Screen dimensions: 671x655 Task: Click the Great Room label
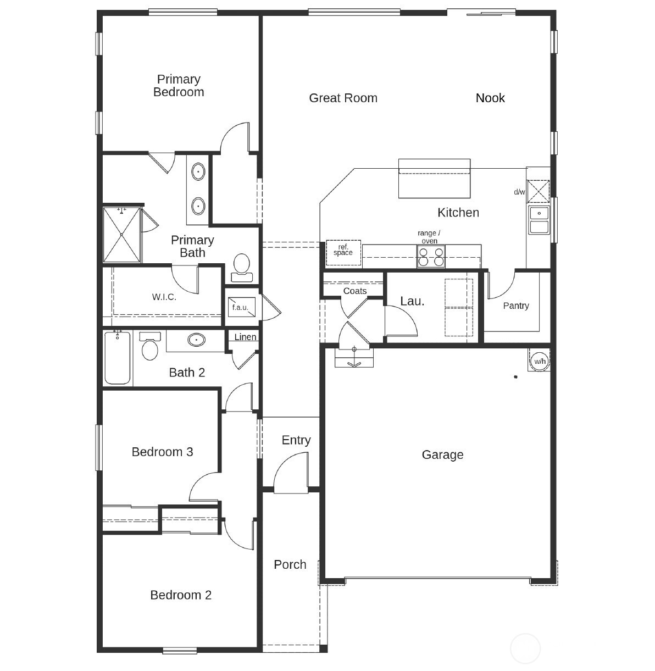pyautogui.click(x=343, y=98)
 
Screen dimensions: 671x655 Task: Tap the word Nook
pyautogui.click(x=490, y=98)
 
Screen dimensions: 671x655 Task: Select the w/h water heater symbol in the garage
pyautogui.click(x=540, y=361)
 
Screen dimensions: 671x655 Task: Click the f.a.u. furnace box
pyautogui.click(x=241, y=307)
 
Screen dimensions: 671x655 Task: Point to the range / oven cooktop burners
pyautogui.click(x=431, y=257)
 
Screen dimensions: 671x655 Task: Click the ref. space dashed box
pyautogui.click(x=343, y=250)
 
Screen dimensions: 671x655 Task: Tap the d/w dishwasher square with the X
pyautogui.click(x=538, y=191)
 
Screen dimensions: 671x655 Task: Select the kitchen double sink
pyautogui.click(x=539, y=220)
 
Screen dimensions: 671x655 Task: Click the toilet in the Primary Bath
pyautogui.click(x=241, y=265)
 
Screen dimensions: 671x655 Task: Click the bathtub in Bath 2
pyautogui.click(x=118, y=358)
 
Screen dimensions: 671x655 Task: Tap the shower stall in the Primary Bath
pyautogui.click(x=122, y=235)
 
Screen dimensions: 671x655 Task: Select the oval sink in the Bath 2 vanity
pyautogui.click(x=196, y=340)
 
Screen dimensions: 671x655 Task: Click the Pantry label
pyautogui.click(x=516, y=306)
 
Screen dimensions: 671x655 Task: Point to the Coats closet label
pyautogui.click(x=354, y=291)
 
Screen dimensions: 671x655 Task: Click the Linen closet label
pyautogui.click(x=245, y=337)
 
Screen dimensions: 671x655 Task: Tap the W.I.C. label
pyautogui.click(x=164, y=297)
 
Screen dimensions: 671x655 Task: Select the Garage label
pyautogui.click(x=442, y=454)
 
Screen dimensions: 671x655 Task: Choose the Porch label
pyautogui.click(x=290, y=564)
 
